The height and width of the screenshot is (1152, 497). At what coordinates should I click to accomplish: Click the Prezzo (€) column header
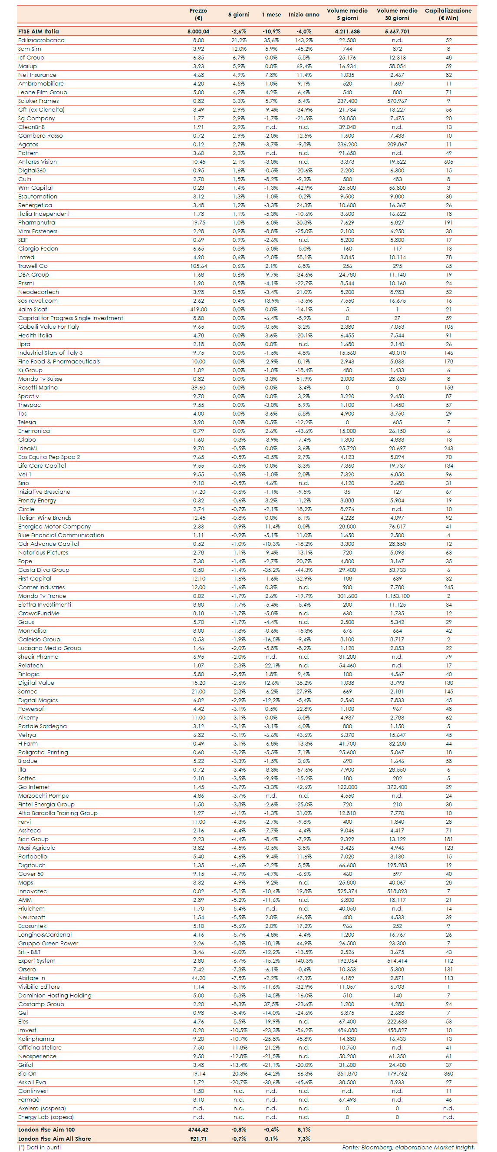[198, 14]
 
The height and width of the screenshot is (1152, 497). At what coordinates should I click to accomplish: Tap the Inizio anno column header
[303, 15]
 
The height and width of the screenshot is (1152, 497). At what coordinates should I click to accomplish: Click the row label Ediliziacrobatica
[41, 40]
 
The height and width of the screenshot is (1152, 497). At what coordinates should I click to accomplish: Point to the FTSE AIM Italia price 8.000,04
[198, 32]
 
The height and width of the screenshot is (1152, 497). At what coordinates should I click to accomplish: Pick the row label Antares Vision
[37, 162]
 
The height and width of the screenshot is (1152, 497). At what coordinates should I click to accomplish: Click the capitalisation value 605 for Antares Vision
[448, 162]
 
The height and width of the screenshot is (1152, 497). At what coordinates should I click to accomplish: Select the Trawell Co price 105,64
[198, 266]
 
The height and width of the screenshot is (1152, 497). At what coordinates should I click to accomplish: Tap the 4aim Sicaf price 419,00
[198, 310]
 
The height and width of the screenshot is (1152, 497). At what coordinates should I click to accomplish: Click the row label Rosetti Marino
[37, 388]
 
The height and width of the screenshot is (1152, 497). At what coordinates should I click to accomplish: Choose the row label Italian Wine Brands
[44, 518]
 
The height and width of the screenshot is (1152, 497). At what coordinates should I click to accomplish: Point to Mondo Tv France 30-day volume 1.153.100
[397, 596]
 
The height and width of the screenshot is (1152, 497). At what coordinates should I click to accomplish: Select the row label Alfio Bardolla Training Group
[58, 813]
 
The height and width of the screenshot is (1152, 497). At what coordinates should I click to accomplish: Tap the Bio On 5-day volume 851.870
[347, 1074]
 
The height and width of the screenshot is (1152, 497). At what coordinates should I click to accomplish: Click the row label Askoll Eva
[32, 1082]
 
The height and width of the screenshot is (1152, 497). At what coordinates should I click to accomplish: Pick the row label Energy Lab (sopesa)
[46, 1117]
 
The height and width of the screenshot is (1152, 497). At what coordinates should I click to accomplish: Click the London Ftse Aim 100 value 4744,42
[198, 1130]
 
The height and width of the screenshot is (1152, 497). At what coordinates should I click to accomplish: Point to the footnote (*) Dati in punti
[39, 1147]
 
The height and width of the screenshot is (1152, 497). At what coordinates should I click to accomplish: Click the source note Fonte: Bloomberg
[408, 1147]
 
